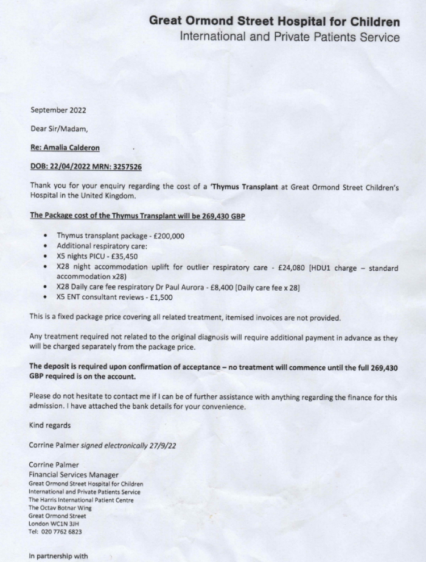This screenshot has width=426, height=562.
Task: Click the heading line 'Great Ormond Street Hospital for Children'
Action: point(274,22)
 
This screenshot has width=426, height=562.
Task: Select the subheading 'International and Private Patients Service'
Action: point(290,37)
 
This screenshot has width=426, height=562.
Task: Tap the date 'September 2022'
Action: point(58,110)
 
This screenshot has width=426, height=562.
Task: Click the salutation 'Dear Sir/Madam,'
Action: point(59,128)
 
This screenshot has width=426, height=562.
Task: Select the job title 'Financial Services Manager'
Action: point(74,474)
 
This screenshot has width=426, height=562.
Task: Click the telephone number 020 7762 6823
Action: point(61,531)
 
